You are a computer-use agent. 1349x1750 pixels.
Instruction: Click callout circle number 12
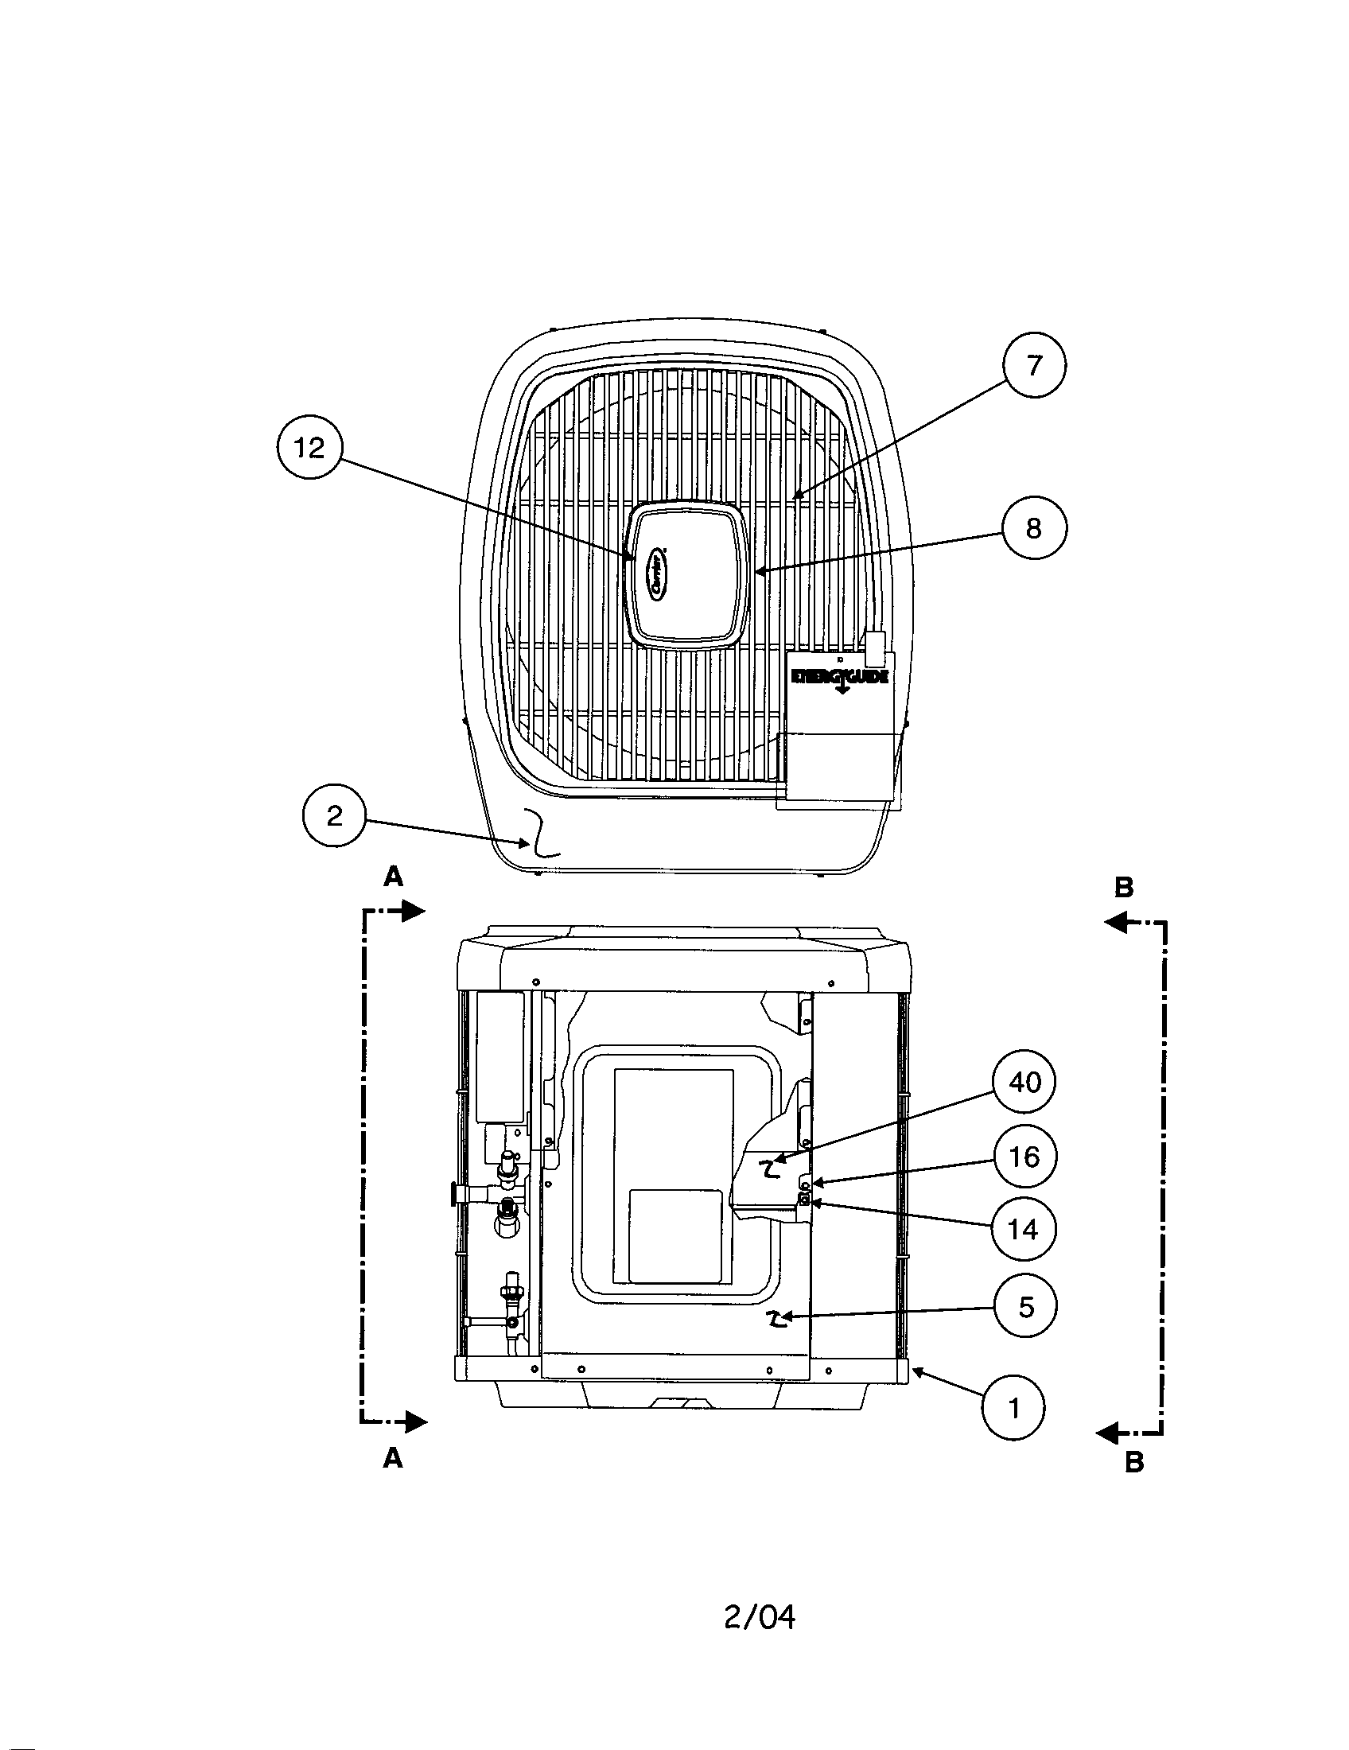click(x=309, y=448)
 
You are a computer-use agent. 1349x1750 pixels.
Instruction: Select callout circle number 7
click(x=1034, y=365)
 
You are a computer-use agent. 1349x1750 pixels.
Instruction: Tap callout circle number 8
click(x=1034, y=528)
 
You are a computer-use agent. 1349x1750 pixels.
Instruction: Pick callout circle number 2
click(x=334, y=815)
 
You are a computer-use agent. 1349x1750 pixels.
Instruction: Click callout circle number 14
click(x=1023, y=1229)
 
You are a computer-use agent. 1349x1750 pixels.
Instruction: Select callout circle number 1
click(x=1014, y=1408)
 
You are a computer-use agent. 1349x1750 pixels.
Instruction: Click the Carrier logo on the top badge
click(x=659, y=572)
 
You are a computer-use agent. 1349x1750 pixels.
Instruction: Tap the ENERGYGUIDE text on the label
click(x=839, y=677)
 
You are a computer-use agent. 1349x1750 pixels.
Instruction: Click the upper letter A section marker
click(x=392, y=878)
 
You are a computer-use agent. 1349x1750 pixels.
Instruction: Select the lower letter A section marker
click(x=392, y=1459)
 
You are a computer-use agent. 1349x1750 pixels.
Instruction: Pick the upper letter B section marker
click(x=1124, y=887)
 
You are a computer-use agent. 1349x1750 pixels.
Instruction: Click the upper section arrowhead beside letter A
click(x=412, y=910)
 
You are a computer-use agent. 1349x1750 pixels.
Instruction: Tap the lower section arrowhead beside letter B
click(x=1107, y=1431)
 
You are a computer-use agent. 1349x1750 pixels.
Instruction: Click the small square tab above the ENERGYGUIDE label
click(x=876, y=648)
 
